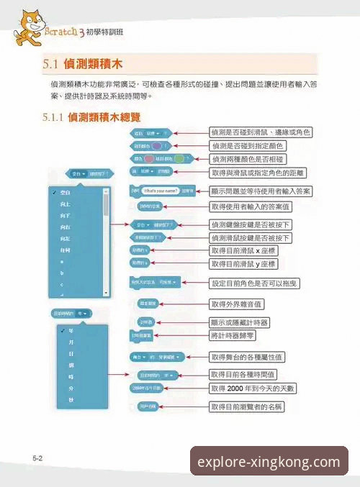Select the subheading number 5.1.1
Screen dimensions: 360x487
pyautogui.click(x=54, y=117)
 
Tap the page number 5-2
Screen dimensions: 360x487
pyautogui.click(x=38, y=458)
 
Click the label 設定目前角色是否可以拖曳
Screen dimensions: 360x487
pyautogui.click(x=255, y=283)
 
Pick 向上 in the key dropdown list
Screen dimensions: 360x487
pyautogui.click(x=66, y=205)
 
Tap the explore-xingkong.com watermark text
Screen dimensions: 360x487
pyautogui.click(x=268, y=462)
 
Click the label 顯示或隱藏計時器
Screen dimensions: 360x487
pyautogui.click(x=245, y=322)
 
